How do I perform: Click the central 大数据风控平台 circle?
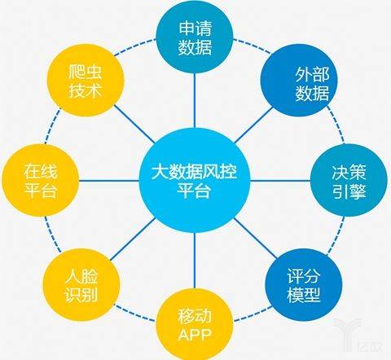tap(195, 180)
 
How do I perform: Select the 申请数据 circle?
tap(195, 37)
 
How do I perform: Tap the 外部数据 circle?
tap(299, 81)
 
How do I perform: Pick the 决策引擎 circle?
tap(349, 180)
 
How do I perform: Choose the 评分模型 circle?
tap(304, 285)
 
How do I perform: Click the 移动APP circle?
tap(195, 324)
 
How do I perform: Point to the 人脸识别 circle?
tap(81, 285)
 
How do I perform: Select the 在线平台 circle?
tap(41, 180)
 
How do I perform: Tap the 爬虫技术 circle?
tap(86, 81)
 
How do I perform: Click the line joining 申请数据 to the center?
tap(195, 100)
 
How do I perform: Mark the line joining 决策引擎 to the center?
tap(280, 181)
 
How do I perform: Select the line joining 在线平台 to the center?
tap(109, 181)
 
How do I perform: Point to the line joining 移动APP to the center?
tap(195, 261)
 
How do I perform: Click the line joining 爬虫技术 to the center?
tap(134, 124)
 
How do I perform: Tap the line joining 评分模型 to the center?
tap(255, 238)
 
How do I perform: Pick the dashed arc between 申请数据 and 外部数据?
tap(253, 46)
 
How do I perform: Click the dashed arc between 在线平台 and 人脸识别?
tap(51, 234)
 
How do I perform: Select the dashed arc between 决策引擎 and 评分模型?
tap(336, 235)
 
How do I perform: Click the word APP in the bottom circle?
tap(195, 335)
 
